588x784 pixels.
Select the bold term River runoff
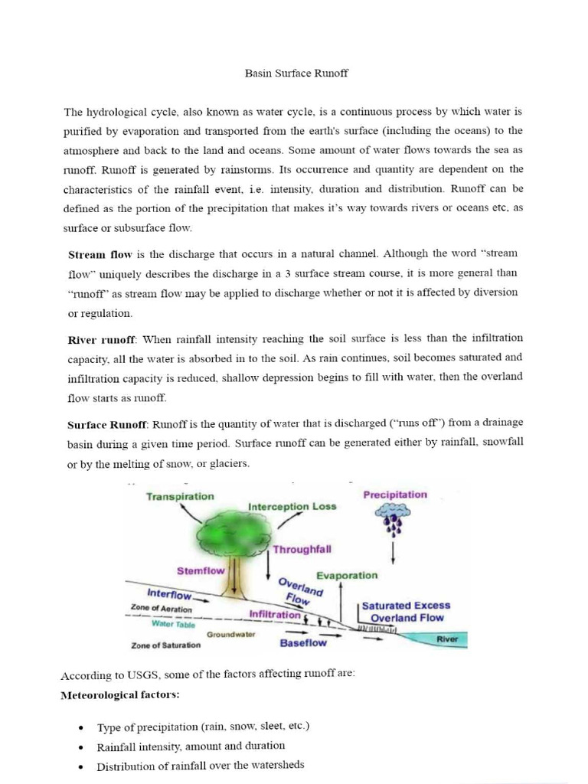click(x=101, y=339)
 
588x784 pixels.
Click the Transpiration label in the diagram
click(x=180, y=496)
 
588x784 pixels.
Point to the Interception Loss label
click(x=292, y=507)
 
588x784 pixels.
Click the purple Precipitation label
click(x=395, y=495)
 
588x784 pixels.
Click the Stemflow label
click(x=201, y=570)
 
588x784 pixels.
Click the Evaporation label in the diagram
click(x=347, y=575)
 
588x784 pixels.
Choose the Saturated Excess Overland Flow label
click(x=406, y=611)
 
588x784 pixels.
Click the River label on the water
click(x=447, y=638)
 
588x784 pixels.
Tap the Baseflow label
click(x=304, y=643)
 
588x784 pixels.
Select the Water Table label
click(x=173, y=624)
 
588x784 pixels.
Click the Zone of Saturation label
click(x=166, y=645)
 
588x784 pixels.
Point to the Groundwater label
click(x=231, y=635)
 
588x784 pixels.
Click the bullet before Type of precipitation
click(x=81, y=727)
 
